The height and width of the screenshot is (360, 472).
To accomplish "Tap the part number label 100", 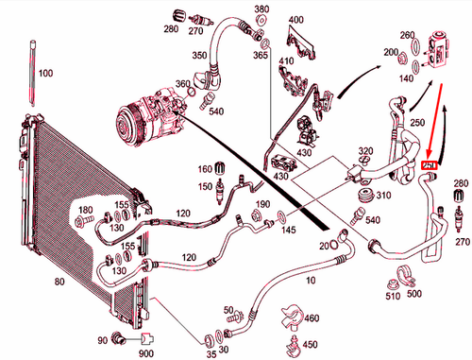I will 46,73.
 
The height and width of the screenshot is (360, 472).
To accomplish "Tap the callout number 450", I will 311,345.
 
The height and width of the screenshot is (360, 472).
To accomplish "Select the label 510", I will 394,295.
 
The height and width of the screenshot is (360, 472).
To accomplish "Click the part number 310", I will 382,196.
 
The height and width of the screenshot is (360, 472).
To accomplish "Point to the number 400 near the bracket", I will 295,20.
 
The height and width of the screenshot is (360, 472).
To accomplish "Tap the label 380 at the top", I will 261,9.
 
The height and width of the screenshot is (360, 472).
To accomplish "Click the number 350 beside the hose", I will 200,57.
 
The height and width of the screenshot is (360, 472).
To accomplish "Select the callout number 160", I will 204,169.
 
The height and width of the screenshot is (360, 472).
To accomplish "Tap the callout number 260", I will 408,36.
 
